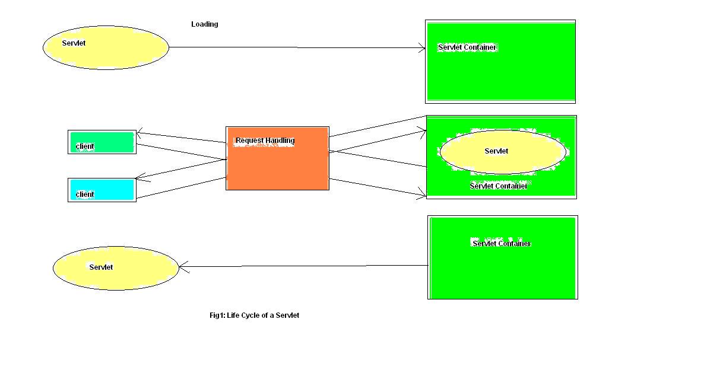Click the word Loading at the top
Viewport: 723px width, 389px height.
coord(204,24)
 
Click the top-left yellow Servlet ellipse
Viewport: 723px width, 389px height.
coord(106,48)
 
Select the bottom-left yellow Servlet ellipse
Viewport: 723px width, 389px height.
coord(116,269)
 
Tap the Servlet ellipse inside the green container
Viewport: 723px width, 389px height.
coord(502,152)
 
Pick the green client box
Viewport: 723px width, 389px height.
coord(102,142)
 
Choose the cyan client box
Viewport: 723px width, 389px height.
coord(102,190)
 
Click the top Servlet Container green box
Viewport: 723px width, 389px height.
coord(500,71)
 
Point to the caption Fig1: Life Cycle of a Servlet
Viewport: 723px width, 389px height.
coord(254,315)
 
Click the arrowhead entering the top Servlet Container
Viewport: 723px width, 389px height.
coord(423,48)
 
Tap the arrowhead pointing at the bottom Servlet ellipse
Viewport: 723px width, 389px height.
coord(182,267)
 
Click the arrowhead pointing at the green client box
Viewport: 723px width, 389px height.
coord(139,133)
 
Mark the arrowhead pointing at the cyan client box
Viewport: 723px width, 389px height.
coord(138,177)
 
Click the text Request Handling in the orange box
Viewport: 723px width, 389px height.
coord(265,141)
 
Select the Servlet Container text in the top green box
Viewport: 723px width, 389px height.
coord(467,47)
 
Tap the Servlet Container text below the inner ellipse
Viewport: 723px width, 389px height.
coord(498,186)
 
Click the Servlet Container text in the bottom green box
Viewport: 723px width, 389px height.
coord(501,244)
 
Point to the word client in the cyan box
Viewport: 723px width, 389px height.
coord(85,194)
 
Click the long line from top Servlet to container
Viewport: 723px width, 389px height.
coord(297,47)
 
